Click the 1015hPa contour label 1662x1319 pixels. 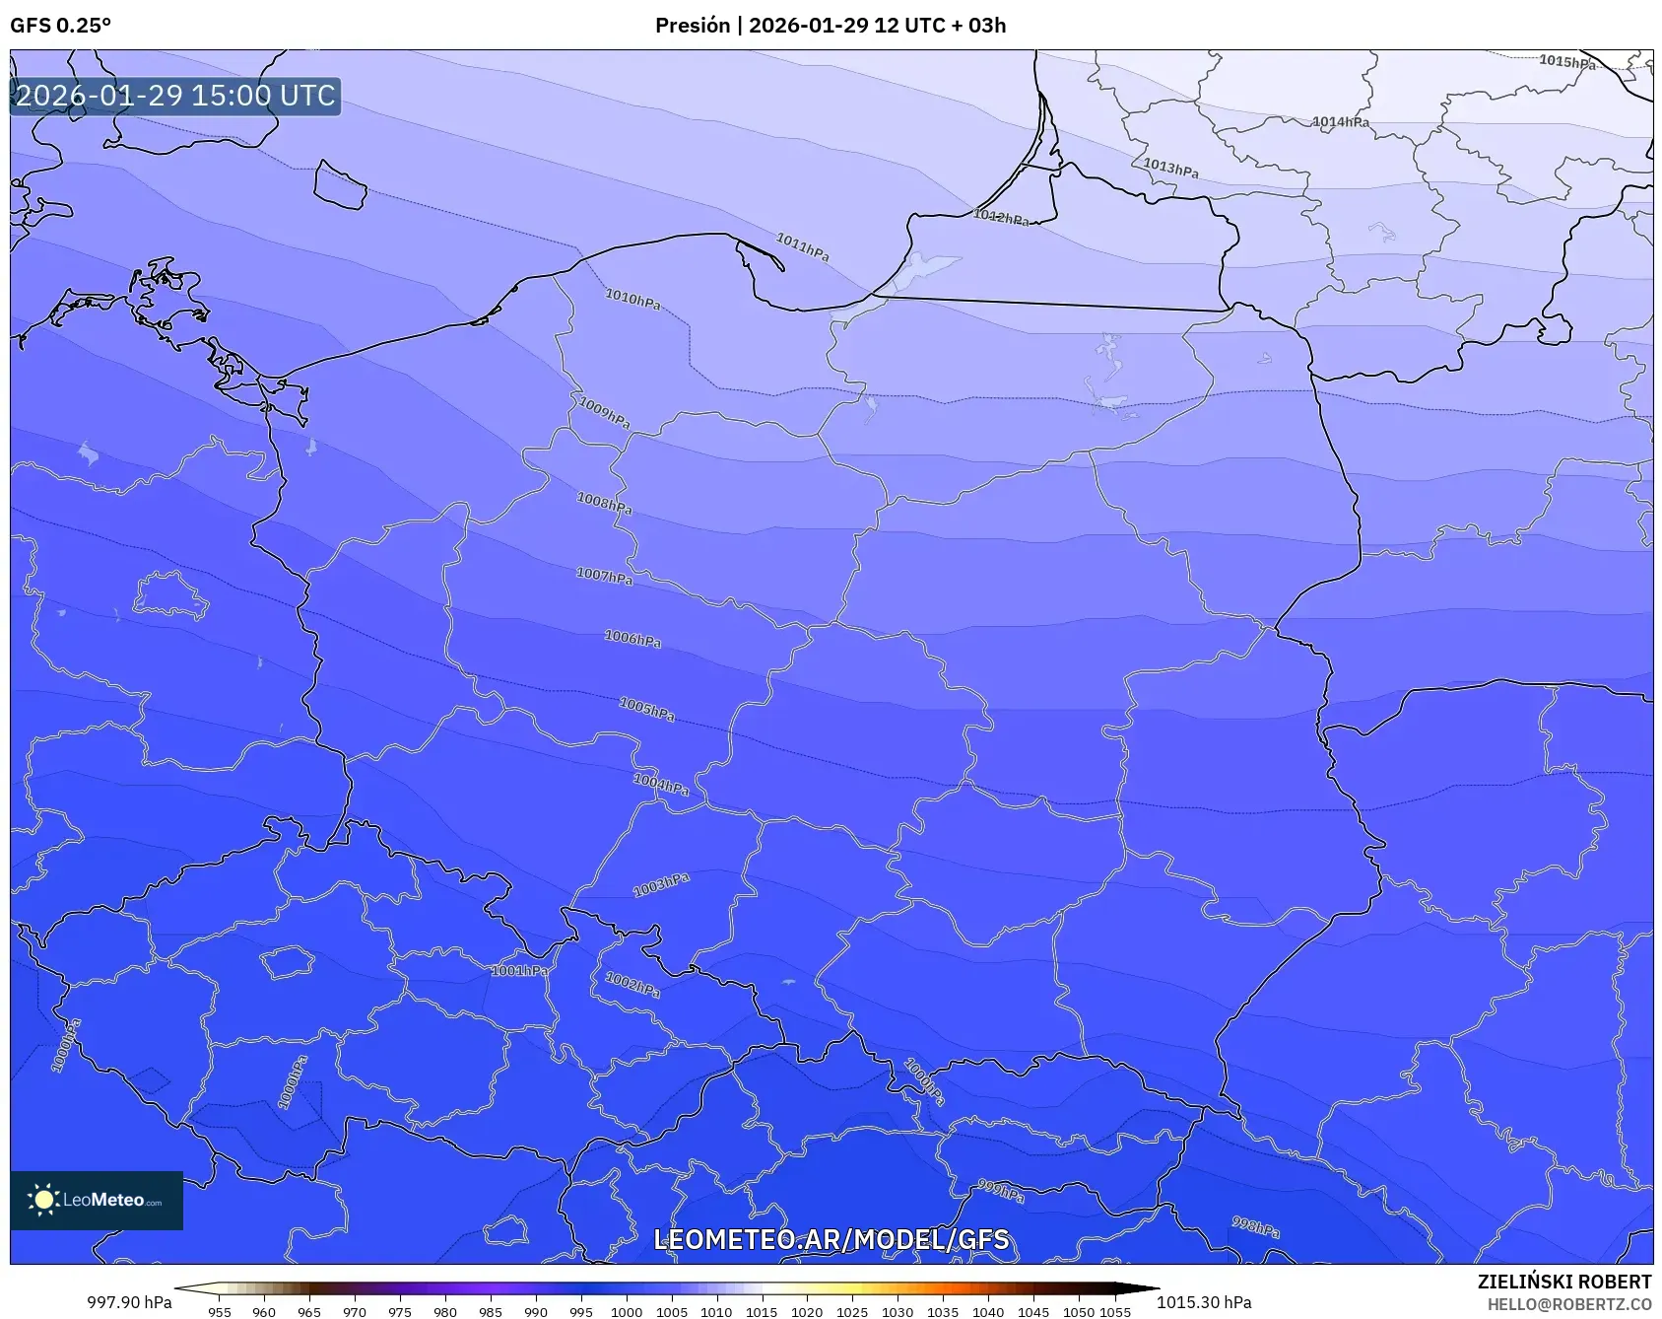coord(1566,62)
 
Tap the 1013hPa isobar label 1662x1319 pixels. coord(1170,169)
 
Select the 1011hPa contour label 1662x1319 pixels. coord(802,246)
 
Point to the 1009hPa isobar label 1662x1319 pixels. coord(604,412)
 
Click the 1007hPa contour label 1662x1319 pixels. coord(604,576)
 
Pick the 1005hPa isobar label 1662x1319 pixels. coord(646,709)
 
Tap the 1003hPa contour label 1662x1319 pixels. coord(660,885)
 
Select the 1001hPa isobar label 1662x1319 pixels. coord(519,971)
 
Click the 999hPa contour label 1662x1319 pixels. coord(1000,1191)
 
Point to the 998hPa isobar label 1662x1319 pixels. coord(1255,1227)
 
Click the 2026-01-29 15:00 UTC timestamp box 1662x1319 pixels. coord(175,96)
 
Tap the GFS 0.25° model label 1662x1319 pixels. coord(60,26)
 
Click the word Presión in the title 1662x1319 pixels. coord(693,26)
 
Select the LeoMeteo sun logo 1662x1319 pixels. coord(43,1200)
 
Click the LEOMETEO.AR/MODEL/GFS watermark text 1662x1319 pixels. coord(831,1239)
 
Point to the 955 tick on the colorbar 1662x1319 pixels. coord(220,1311)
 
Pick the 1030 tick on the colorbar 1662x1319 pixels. coord(897,1311)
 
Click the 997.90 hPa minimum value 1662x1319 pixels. coord(129,1302)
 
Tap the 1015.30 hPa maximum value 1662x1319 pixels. coord(1204,1302)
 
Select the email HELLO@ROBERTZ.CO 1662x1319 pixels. coord(1568,1304)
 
